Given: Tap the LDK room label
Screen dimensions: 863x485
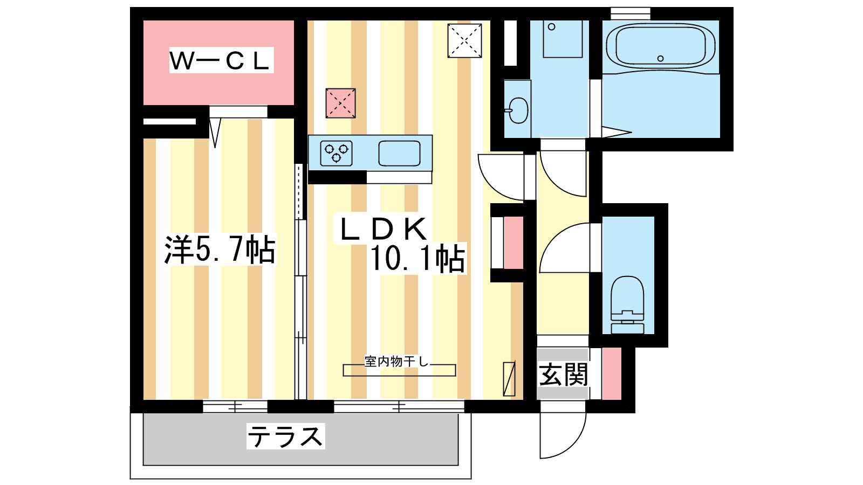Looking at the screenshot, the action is coord(383,229).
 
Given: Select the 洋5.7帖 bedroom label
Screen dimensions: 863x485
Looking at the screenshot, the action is coord(220,250).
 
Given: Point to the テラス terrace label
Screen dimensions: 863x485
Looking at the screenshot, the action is coord(285,436).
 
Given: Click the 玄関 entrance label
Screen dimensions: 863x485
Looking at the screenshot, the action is coord(563,375).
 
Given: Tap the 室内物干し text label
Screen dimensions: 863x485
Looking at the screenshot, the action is coord(396,362).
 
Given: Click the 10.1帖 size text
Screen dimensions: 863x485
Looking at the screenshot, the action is coord(417,259).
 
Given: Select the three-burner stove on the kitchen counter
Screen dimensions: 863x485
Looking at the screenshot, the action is coord(337,153).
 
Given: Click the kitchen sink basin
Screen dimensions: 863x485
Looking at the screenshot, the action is coord(399,153).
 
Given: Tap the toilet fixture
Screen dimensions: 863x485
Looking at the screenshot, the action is coord(628,304).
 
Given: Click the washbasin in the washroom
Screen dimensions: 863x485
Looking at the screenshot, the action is coord(518,110).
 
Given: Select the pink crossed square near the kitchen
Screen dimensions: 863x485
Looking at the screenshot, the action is coord(340,103).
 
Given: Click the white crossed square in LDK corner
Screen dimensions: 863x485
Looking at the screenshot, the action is coord(464,41).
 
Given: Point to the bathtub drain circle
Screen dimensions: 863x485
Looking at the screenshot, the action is coord(660,59).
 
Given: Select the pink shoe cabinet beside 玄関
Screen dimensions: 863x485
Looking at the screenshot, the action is coord(612,374).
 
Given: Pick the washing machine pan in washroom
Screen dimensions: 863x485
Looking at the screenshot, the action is coord(563,39).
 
